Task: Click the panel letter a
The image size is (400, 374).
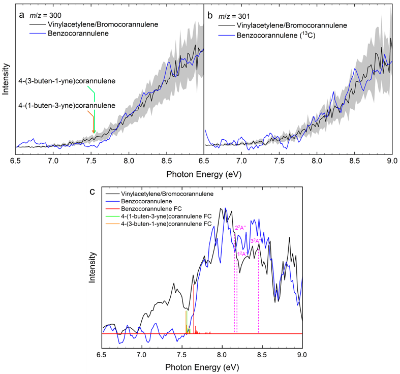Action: tap(22, 15)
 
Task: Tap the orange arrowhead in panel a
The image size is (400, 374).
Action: tap(93, 133)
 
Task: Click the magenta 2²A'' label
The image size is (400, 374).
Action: tap(240, 228)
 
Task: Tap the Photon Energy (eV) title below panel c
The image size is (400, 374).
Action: tap(202, 365)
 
